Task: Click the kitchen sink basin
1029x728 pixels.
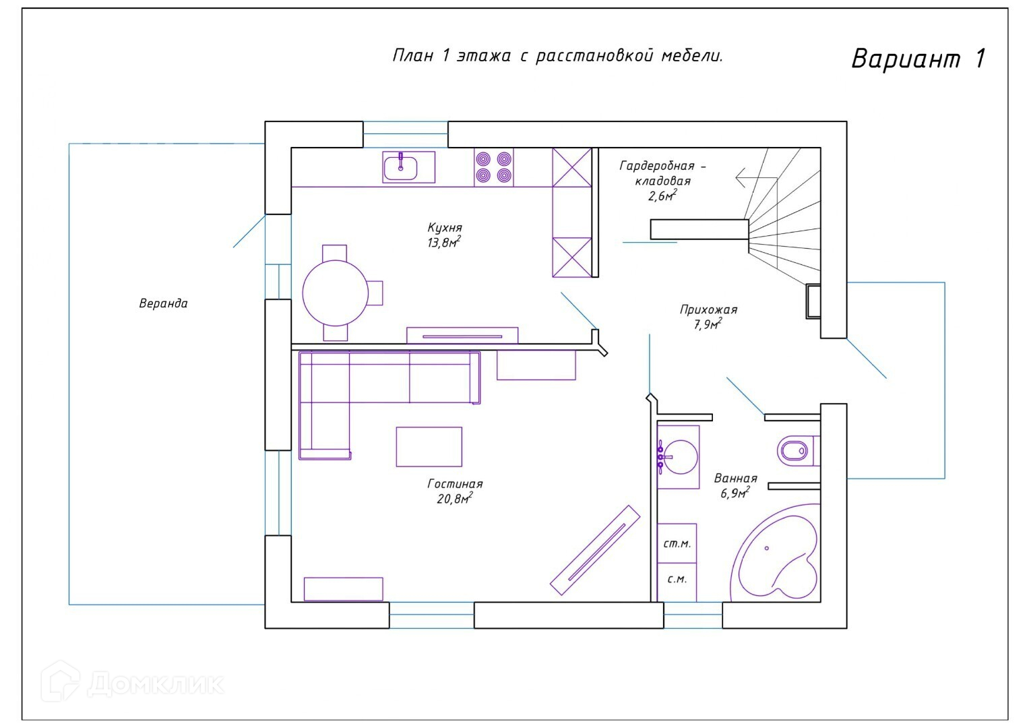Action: [400, 168]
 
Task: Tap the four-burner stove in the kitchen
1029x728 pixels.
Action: [494, 167]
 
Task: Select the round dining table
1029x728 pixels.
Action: [336, 293]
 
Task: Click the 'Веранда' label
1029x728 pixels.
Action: [164, 303]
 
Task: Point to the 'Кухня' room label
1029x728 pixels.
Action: [445, 228]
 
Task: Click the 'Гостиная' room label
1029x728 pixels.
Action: [455, 483]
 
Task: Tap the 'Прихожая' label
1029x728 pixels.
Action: [708, 309]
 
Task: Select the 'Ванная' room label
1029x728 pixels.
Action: [735, 478]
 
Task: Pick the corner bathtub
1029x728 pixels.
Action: [776, 553]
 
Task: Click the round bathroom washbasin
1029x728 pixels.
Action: [681, 456]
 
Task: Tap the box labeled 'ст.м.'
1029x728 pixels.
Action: [677, 543]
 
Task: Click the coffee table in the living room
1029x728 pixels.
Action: [429, 447]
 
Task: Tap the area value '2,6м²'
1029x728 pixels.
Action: [662, 195]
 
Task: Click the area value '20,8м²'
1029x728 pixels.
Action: [455, 498]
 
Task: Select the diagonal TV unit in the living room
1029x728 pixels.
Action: [595, 550]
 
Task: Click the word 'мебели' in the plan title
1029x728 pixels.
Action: [692, 55]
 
